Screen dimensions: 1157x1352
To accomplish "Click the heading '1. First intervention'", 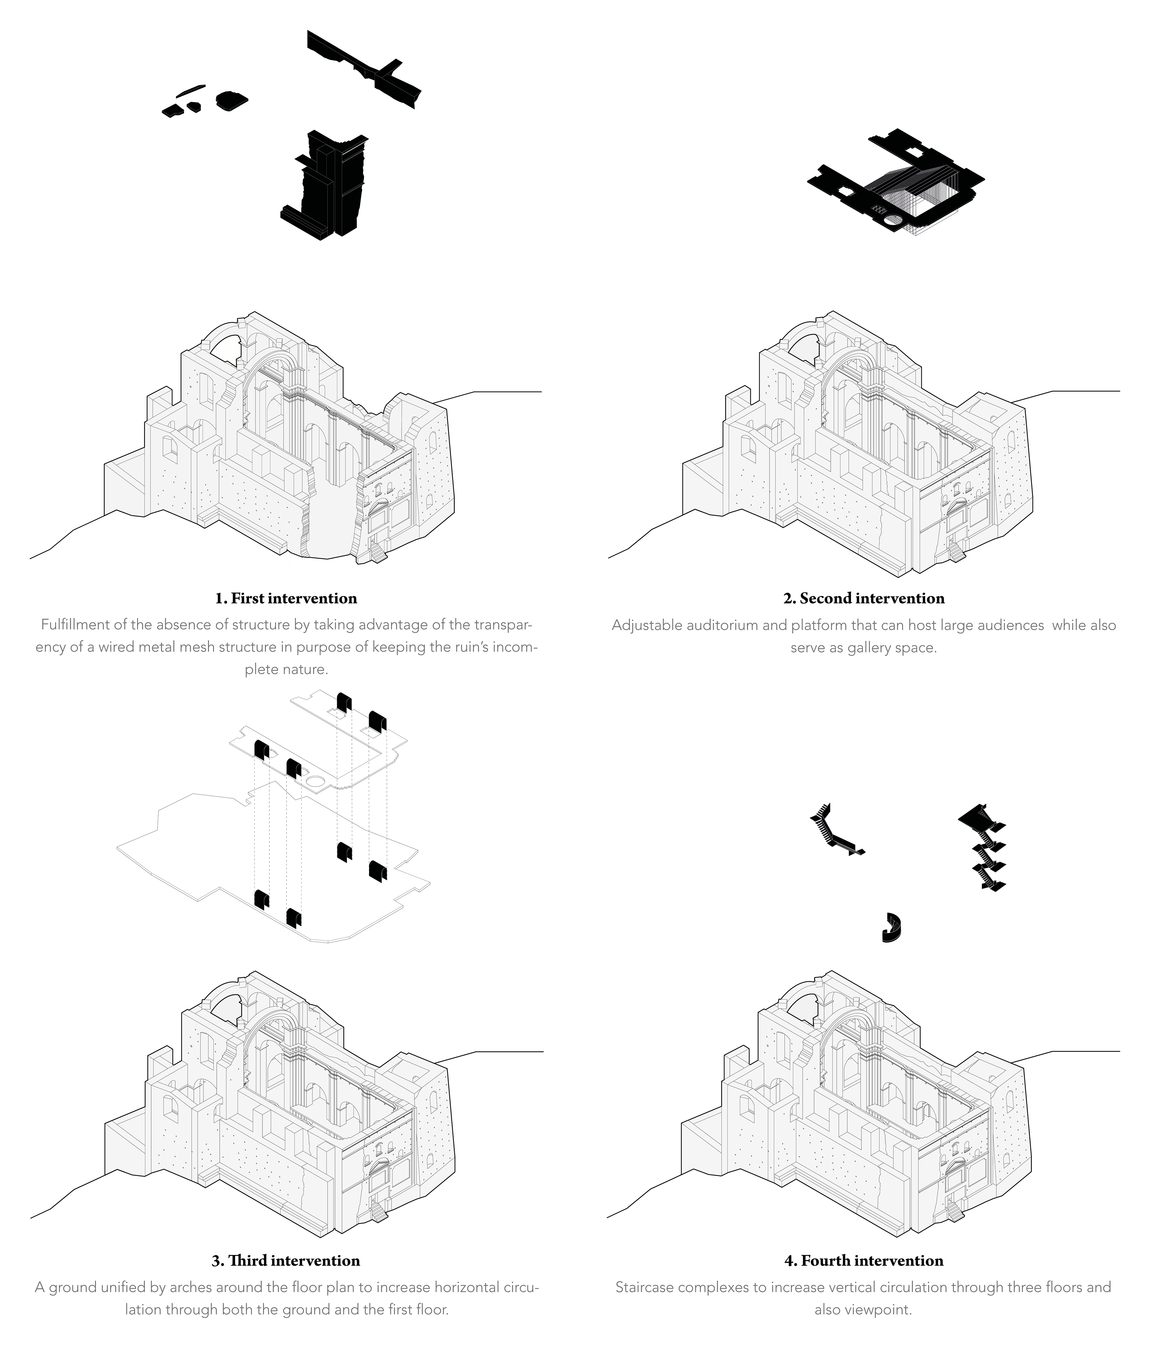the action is pyautogui.click(x=286, y=598).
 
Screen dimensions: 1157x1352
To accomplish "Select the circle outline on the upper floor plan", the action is pyautogui.click(x=316, y=780).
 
